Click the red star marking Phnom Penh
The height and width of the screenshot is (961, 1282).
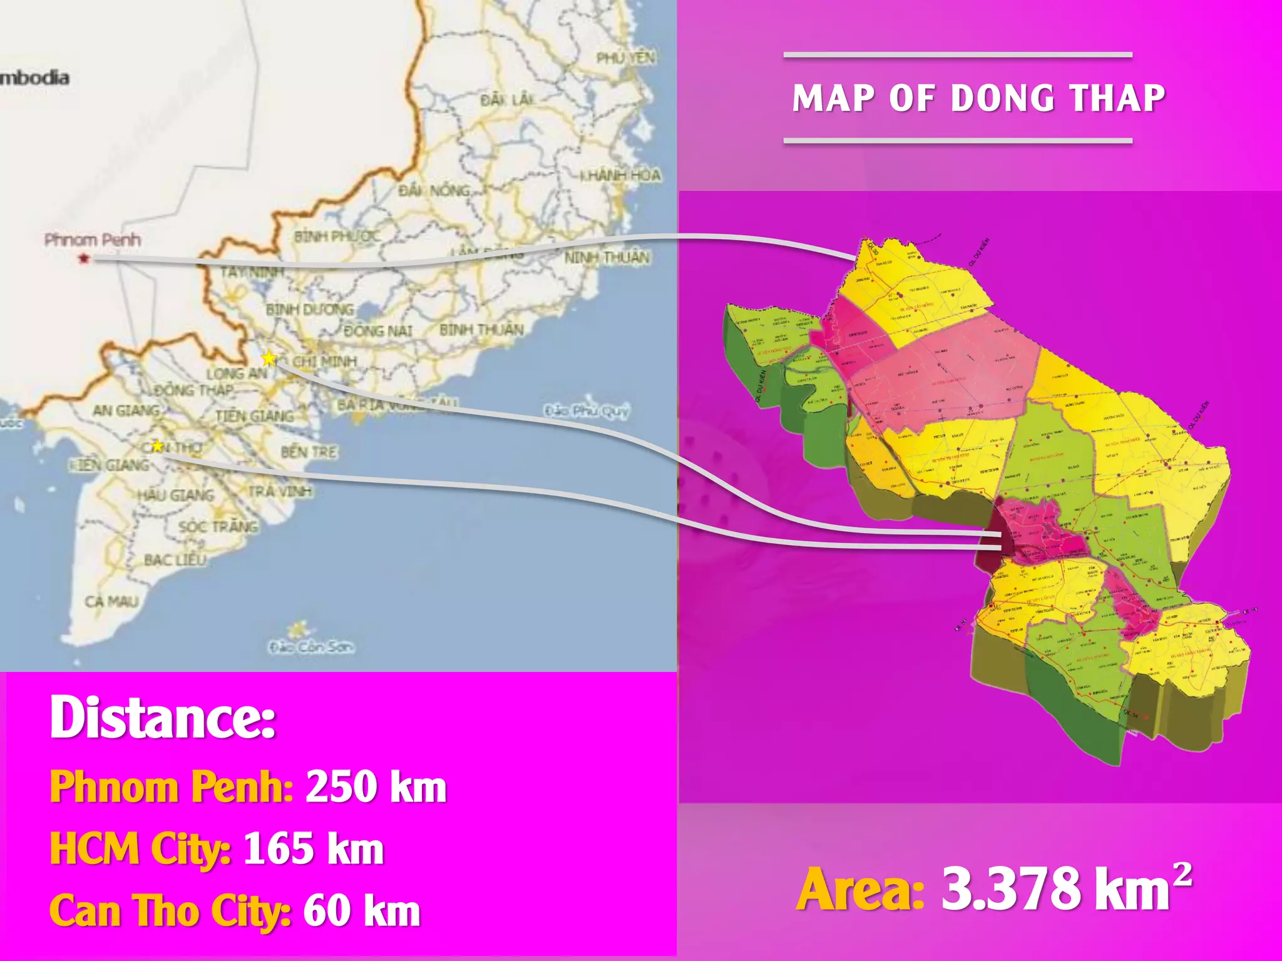coord(84,258)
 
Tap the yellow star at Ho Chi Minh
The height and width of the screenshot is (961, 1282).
coord(269,358)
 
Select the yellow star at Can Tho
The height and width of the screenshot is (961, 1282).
coord(157,445)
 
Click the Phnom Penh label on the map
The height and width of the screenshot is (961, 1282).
coord(92,240)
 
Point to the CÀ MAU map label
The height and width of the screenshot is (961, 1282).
coord(111,602)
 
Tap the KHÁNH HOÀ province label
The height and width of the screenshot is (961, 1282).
coord(620,175)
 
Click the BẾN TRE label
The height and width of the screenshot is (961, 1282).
coord(309,452)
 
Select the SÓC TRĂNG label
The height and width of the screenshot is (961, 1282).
coord(218,527)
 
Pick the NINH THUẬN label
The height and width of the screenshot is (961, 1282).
coord(607,258)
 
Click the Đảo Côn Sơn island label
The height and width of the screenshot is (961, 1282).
coord(311,646)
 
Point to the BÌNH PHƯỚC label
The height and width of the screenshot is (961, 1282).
coord(337,236)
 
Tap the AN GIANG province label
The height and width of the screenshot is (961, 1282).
coord(126,410)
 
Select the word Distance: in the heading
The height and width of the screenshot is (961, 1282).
coord(163,718)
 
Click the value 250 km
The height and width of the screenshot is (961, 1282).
coord(376,786)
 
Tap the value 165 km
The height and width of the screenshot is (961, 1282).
coord(313,849)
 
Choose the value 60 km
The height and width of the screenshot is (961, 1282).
coord(361,911)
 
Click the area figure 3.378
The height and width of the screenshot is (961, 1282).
coord(1010,889)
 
